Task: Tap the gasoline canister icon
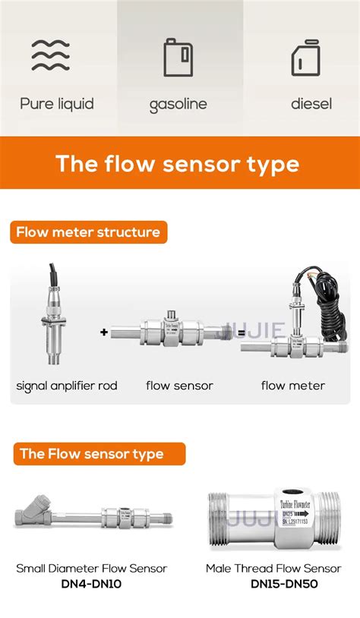pos(178,57)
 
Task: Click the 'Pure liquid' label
pos(57,104)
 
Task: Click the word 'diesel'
pos(311,104)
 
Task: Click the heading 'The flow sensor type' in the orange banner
pos(178,163)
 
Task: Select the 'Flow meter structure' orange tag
pos(88,232)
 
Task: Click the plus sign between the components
pos(104,332)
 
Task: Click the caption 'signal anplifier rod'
pos(67,386)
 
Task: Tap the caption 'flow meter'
pos(293,386)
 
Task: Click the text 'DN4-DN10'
pos(91,584)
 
